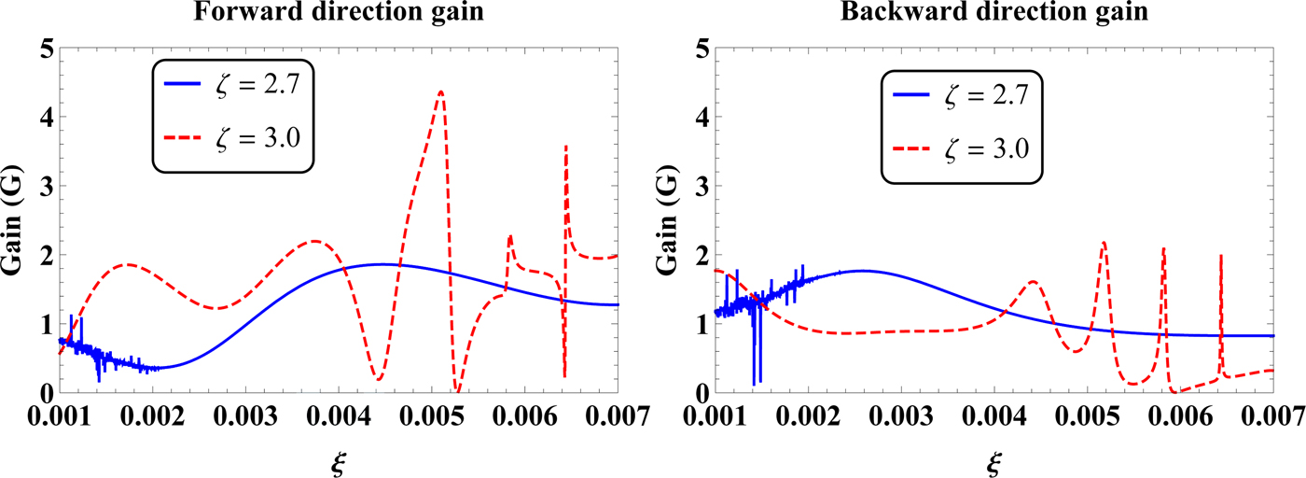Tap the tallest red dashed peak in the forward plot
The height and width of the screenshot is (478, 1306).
coord(440,91)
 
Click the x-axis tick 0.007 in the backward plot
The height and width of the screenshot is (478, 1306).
coord(1272,417)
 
